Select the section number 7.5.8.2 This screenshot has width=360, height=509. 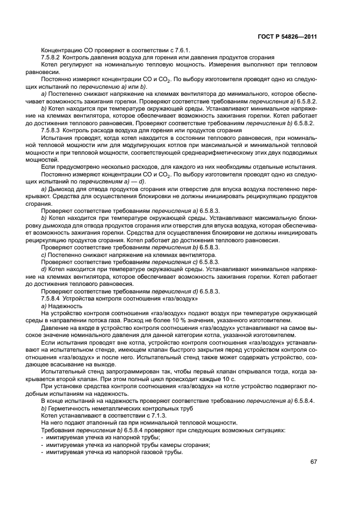point(53,58)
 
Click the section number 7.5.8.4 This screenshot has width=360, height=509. point(53,299)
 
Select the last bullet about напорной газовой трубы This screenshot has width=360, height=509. point(114,451)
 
